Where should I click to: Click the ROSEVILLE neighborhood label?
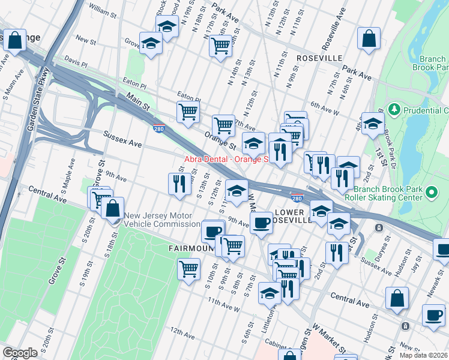(x=319, y=58)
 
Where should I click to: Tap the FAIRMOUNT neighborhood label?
(x=190, y=247)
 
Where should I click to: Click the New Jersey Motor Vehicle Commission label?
(x=163, y=220)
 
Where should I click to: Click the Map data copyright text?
(x=424, y=355)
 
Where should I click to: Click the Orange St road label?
(x=220, y=140)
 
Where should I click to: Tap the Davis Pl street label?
(x=76, y=62)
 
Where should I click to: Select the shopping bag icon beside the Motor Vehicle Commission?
(x=112, y=209)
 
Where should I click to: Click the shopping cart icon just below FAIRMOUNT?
(x=188, y=268)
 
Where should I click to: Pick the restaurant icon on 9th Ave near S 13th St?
(x=179, y=184)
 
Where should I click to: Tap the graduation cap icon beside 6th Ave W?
(x=373, y=124)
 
